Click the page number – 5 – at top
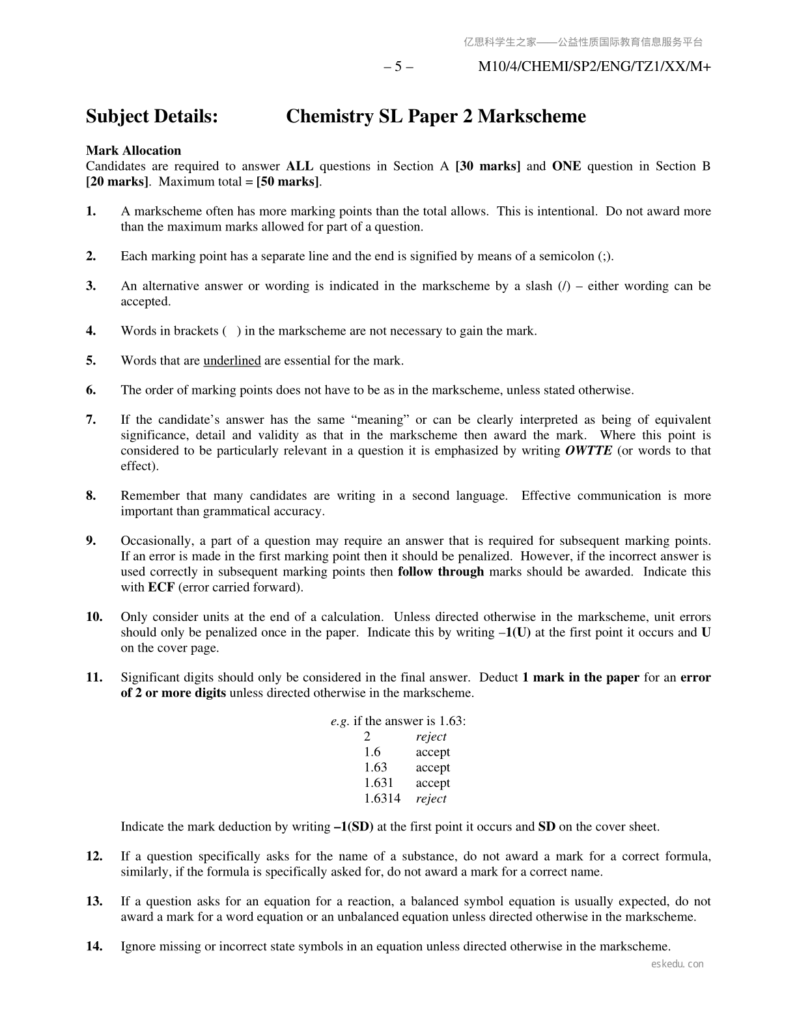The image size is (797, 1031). click(x=398, y=66)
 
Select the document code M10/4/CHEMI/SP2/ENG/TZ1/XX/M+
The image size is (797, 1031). click(x=594, y=66)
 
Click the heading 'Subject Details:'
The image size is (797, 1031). click(x=152, y=117)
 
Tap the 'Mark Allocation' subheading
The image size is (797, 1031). click(x=133, y=151)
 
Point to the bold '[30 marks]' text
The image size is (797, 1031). click(x=488, y=166)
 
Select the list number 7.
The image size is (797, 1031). click(x=91, y=420)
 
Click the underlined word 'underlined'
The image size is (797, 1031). click(x=232, y=361)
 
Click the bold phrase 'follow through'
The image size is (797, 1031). click(x=441, y=571)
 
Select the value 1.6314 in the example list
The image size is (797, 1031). click(x=382, y=799)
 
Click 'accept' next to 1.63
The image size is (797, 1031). click(x=433, y=767)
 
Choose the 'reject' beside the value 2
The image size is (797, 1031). click(x=431, y=737)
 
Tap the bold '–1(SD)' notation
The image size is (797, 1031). click(x=354, y=827)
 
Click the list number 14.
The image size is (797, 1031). click(x=94, y=946)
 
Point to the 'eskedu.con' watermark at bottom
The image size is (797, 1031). click(x=677, y=964)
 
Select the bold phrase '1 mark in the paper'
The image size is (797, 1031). click(x=581, y=678)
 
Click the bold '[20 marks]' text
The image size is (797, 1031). click(x=117, y=182)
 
